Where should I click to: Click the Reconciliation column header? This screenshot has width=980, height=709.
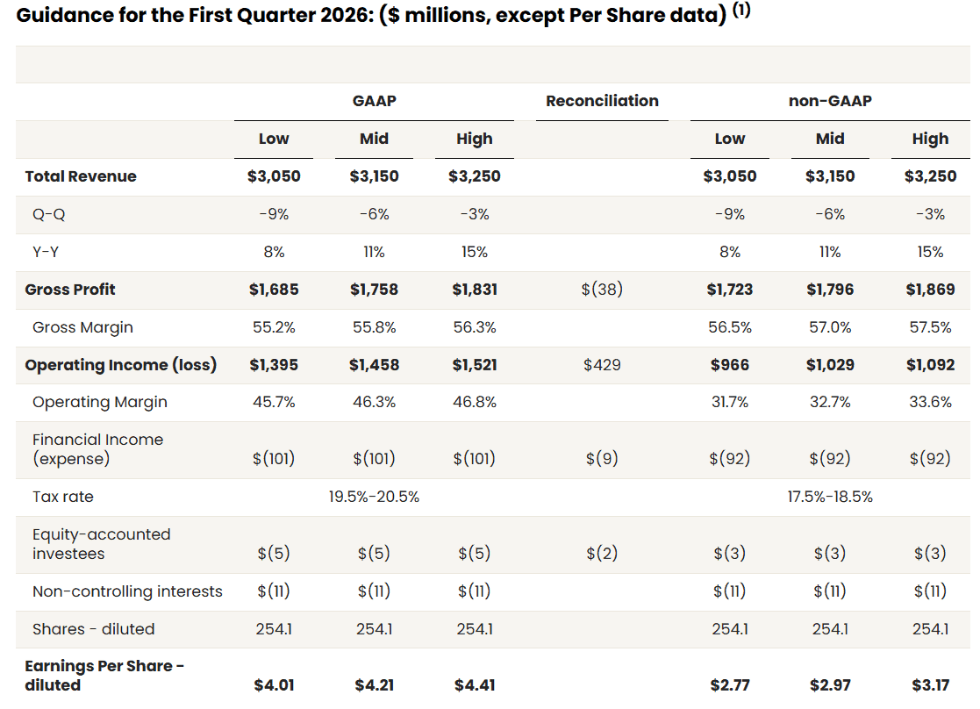click(x=602, y=101)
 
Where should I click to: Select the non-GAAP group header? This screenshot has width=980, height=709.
click(x=829, y=101)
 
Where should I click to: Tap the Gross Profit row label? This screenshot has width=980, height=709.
click(x=70, y=290)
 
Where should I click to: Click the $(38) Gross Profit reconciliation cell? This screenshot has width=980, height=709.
click(x=602, y=290)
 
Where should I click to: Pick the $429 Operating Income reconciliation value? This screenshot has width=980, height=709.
click(x=602, y=365)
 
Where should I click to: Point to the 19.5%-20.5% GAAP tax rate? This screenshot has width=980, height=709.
click(x=374, y=497)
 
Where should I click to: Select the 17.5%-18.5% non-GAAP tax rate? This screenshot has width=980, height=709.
click(x=829, y=497)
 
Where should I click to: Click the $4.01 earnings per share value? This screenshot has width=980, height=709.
click(x=274, y=685)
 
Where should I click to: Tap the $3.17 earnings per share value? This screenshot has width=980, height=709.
click(x=930, y=685)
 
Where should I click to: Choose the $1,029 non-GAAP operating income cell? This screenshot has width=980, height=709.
click(x=829, y=365)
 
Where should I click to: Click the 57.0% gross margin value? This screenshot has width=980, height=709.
click(x=829, y=327)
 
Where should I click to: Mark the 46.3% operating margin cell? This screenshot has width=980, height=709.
click(x=374, y=402)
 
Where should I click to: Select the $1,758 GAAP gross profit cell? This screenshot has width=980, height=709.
click(x=374, y=290)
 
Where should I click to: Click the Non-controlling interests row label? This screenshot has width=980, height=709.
click(x=127, y=591)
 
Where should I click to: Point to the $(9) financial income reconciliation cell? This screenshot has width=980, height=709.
click(x=602, y=459)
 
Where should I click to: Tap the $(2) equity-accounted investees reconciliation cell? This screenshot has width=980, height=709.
click(x=602, y=554)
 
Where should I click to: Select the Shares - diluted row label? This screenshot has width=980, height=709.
click(x=93, y=629)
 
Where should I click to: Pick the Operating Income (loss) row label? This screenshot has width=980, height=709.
click(x=121, y=365)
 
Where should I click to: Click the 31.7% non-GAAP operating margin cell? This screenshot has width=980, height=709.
click(x=729, y=402)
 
